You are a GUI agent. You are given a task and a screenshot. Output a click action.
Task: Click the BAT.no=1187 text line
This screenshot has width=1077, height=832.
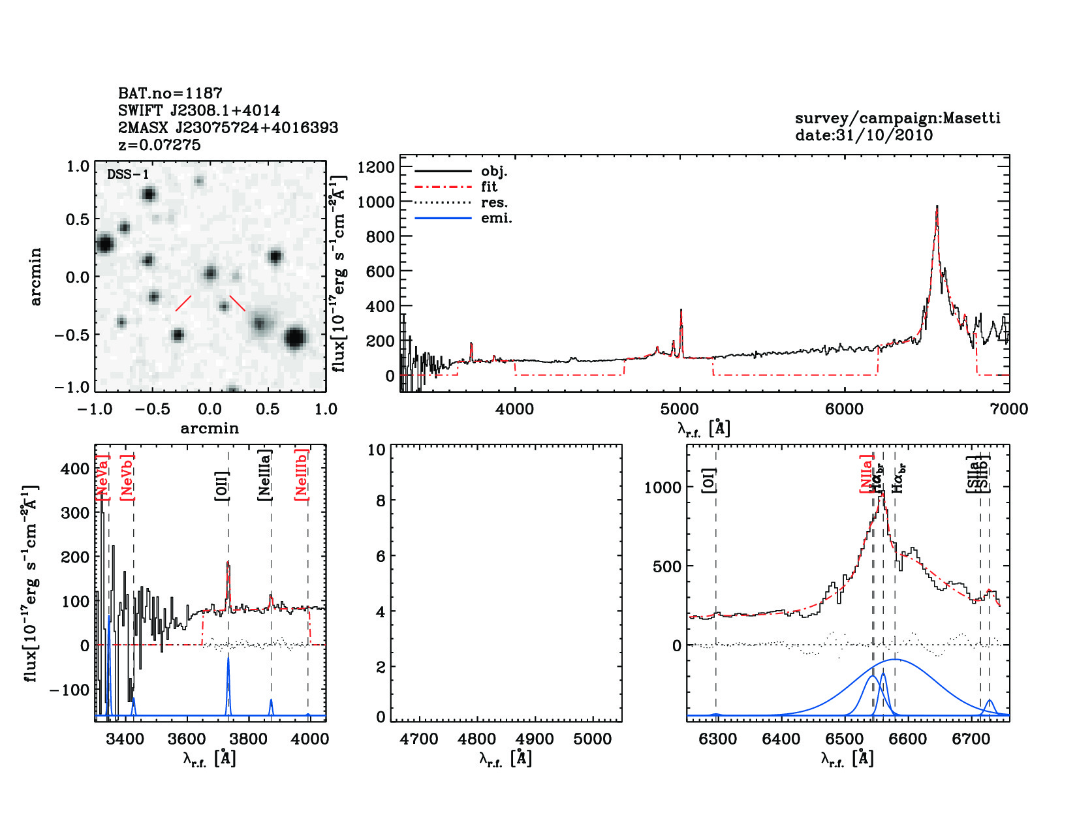click(x=170, y=93)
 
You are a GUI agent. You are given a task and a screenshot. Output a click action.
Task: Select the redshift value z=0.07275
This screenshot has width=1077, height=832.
click(x=159, y=145)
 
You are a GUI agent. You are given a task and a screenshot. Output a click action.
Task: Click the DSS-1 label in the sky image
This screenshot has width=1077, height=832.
click(x=128, y=174)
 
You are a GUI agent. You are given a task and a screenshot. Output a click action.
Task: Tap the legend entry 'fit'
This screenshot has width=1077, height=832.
click(x=489, y=187)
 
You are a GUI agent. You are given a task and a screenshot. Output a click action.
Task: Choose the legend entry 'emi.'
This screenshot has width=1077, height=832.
click(x=496, y=218)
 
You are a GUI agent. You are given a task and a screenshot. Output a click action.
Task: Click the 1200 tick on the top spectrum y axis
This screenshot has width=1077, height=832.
click(x=376, y=167)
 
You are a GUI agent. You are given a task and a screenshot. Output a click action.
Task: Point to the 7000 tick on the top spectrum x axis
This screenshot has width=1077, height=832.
click(x=1009, y=409)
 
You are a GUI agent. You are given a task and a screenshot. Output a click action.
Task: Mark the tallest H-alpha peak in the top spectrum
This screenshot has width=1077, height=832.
click(x=937, y=208)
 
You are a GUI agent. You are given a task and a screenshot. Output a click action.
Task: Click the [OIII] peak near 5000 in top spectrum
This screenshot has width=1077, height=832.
click(x=681, y=311)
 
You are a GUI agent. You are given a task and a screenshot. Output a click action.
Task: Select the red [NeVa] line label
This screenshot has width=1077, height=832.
click(x=102, y=478)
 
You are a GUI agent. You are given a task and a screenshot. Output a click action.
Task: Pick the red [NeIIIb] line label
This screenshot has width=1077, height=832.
click(x=301, y=474)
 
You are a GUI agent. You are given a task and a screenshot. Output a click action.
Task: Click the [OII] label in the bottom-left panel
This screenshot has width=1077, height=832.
click(x=222, y=485)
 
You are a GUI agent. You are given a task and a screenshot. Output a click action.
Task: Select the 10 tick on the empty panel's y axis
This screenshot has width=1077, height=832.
click(x=377, y=450)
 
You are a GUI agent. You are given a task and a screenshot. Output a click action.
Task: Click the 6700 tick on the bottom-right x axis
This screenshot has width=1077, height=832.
click(x=971, y=739)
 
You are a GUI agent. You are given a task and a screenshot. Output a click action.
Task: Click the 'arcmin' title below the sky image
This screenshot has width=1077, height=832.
click(x=210, y=429)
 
